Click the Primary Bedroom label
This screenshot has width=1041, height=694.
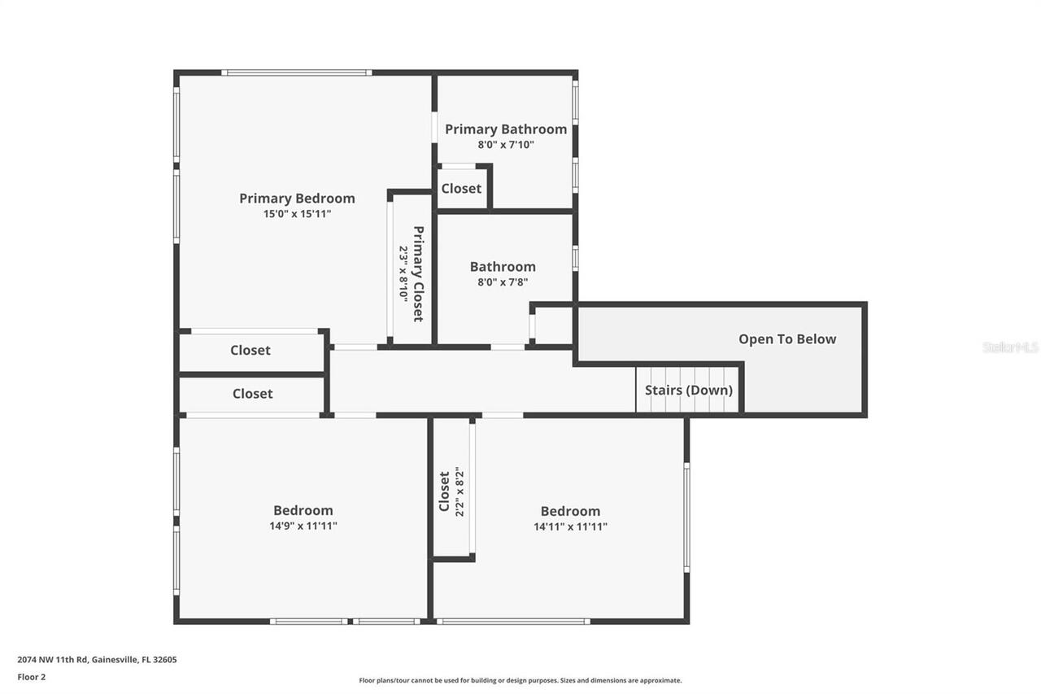297,199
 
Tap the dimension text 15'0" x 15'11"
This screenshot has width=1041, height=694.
297,214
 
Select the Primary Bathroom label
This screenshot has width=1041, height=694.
505,129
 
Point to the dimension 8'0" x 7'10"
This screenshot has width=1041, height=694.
505,145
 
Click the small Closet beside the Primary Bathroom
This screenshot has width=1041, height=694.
461,188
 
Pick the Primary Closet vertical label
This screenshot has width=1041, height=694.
418,273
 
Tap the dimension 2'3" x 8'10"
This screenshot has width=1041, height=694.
403,273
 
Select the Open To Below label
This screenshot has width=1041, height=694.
786,339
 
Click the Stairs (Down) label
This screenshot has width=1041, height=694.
688,390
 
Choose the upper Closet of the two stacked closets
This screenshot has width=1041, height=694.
250,351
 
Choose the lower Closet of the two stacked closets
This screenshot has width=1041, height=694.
252,394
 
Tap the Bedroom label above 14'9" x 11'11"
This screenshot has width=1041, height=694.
303,510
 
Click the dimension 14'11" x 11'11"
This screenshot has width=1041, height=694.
570,526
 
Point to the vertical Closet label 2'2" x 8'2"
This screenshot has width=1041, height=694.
445,491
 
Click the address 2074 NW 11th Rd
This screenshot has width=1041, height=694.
97,660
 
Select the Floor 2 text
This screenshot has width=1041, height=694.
32,676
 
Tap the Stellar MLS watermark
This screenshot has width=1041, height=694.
1010,347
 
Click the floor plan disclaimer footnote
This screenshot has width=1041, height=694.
520,680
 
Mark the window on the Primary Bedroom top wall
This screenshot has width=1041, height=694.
297,72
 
